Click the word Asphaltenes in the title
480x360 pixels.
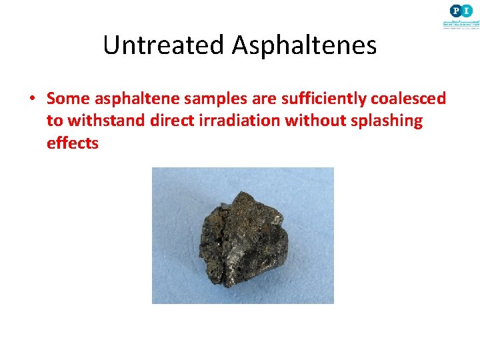tap(304, 45)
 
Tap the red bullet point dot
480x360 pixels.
tap(31, 99)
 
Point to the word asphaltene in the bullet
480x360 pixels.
tap(131, 99)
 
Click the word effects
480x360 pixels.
tap(72, 143)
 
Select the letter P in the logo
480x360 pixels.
tap(455, 10)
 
